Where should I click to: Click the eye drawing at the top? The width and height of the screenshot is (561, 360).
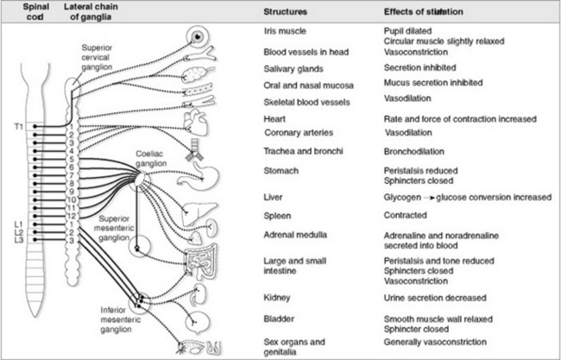201,36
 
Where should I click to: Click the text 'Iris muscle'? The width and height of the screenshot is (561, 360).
285,31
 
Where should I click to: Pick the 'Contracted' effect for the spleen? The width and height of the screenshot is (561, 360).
407,215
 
